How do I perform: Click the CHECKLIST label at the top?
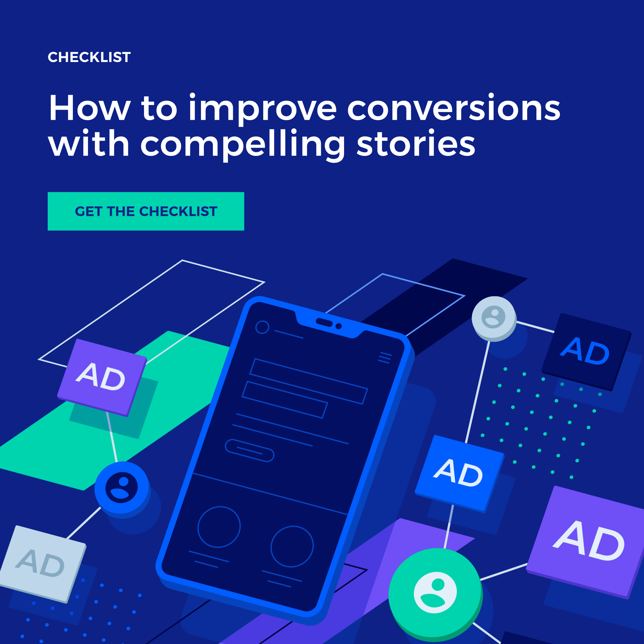[x=89, y=57]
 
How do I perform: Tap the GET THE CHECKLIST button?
[x=146, y=211]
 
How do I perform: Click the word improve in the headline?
[x=263, y=108]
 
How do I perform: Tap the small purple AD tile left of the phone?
[x=102, y=377]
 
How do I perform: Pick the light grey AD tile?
[x=42, y=563]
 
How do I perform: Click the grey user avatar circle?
[x=494, y=318]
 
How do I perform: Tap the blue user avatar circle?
[x=122, y=488]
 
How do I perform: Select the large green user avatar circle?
[x=435, y=593]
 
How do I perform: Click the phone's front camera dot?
[x=339, y=326]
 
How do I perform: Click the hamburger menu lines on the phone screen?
[x=385, y=358]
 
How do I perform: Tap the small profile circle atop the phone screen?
[x=262, y=327]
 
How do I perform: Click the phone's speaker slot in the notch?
[x=324, y=322]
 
